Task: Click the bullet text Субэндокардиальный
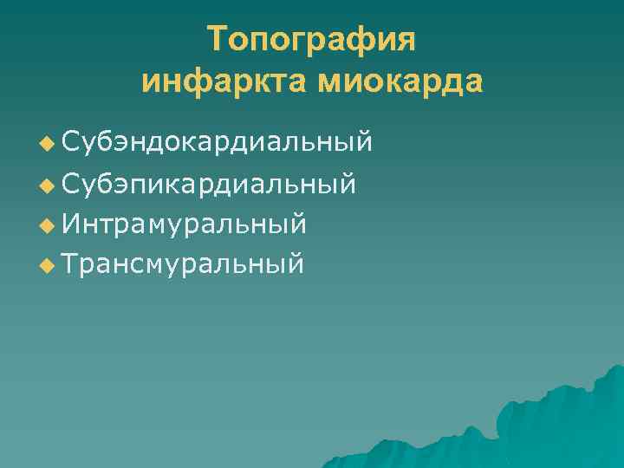[x=218, y=141]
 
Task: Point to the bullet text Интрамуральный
[x=185, y=224]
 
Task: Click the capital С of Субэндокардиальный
[x=72, y=141]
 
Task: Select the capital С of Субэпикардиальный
[x=72, y=183]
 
